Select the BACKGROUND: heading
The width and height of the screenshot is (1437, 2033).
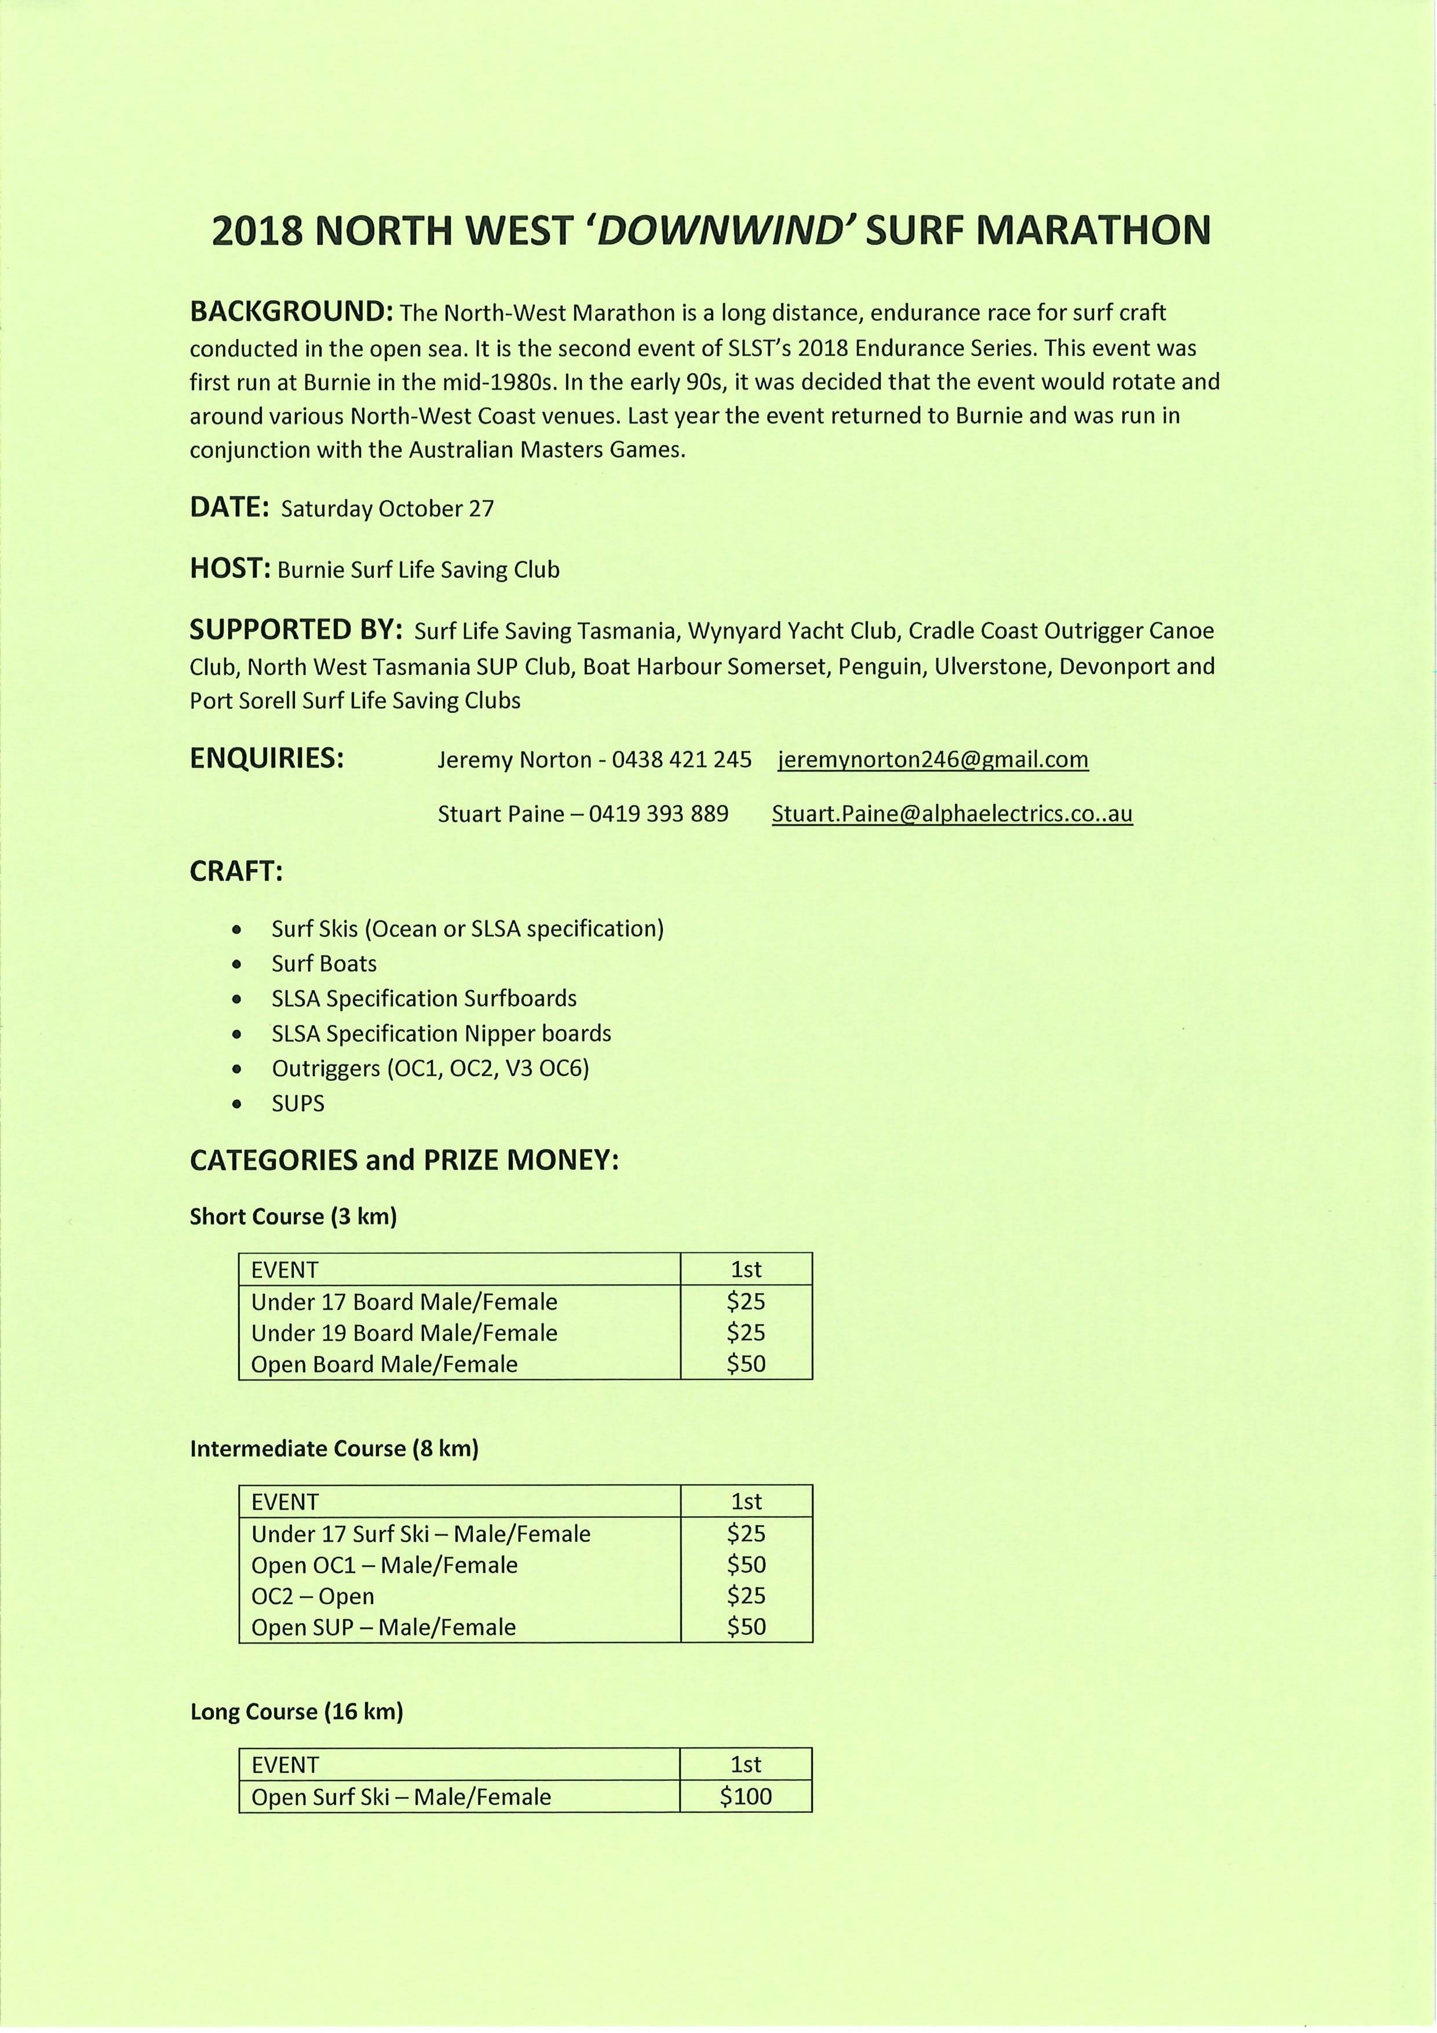(291, 312)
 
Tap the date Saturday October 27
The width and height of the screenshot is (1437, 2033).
(387, 509)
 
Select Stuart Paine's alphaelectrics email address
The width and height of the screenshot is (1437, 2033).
(952, 814)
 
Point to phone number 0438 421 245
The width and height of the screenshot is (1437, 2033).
(682, 760)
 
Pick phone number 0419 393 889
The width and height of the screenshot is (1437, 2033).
(658, 814)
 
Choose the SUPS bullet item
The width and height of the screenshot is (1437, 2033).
(298, 1103)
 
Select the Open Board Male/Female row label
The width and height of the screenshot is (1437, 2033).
(384, 1364)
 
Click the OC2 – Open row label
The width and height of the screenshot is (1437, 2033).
(312, 1597)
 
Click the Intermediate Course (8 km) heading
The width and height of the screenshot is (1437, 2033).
(334, 1449)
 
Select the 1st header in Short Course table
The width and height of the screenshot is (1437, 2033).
(746, 1270)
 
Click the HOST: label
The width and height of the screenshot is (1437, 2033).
(229, 569)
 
